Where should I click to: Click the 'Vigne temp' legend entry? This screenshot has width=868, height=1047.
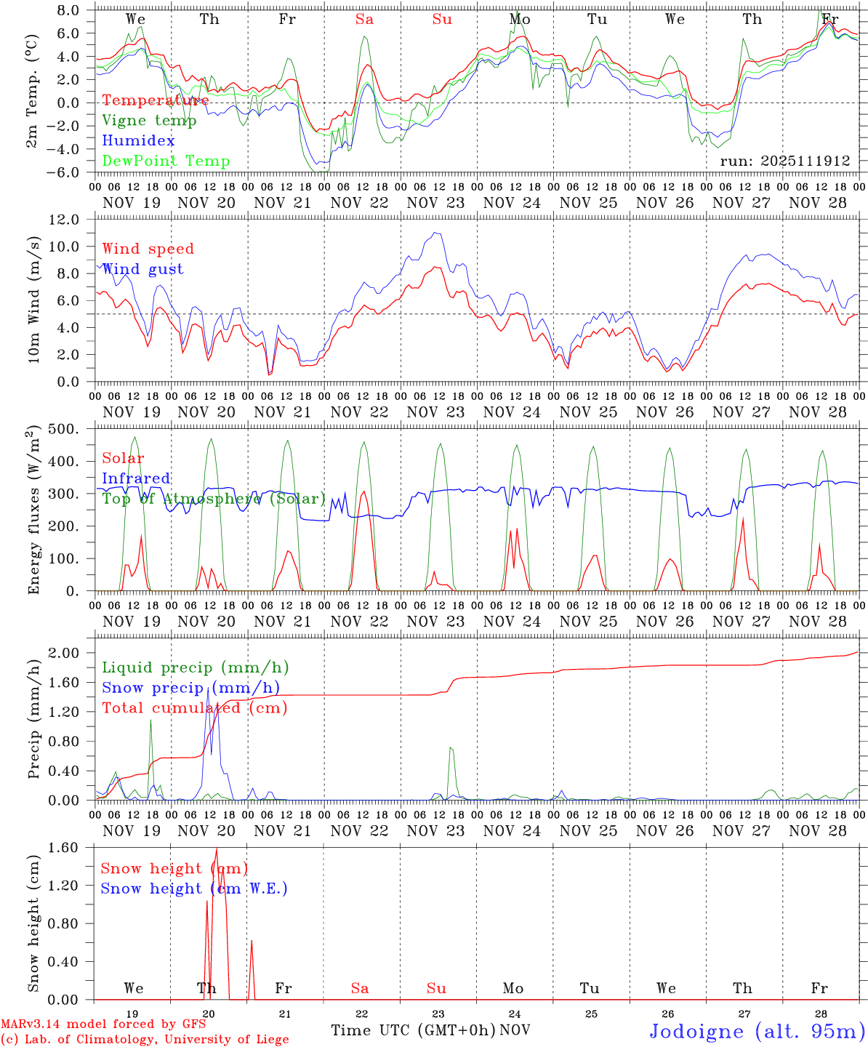pos(149,121)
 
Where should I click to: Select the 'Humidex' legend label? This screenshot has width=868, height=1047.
pos(138,141)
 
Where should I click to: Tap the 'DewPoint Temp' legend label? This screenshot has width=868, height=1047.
pos(166,161)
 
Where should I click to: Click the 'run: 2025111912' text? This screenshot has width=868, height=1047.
pos(784,161)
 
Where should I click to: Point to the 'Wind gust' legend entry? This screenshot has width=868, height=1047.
pos(142,269)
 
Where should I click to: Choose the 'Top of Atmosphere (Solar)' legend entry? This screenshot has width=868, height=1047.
pos(214,499)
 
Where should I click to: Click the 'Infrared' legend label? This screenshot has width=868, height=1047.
pos(136,478)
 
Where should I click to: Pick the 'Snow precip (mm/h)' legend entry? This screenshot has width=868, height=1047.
pos(190,688)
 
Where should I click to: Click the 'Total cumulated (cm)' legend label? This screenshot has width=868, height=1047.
pos(194,708)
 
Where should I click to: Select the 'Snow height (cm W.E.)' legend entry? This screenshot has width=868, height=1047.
pos(194,888)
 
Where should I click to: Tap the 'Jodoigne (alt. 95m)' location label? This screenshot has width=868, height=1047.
pos(757,1031)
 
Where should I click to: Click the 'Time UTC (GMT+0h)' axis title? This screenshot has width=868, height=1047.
pos(414,1030)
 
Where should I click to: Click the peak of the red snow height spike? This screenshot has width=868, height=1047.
pos(216,849)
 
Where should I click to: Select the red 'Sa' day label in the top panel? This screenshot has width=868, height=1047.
pos(365,20)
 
